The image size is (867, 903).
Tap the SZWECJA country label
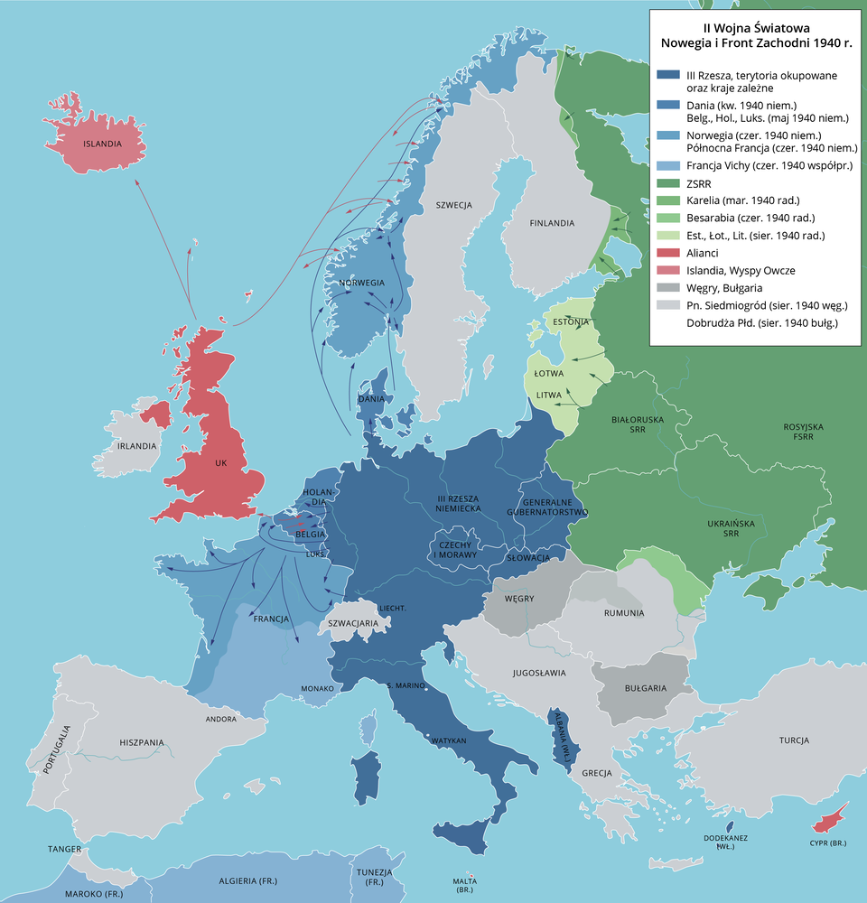tap(453, 205)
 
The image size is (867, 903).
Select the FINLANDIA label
tap(552, 223)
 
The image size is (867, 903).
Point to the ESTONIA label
tap(571, 321)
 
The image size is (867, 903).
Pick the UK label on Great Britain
tap(221, 463)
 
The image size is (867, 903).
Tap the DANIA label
tap(372, 398)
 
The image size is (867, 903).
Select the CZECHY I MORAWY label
tap(457, 549)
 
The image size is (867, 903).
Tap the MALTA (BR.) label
tap(465, 885)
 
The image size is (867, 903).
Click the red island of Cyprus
tap(831, 819)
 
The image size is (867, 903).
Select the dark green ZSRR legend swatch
tap(668, 184)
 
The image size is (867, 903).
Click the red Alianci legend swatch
tap(668, 253)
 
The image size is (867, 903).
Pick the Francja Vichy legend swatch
tap(668, 166)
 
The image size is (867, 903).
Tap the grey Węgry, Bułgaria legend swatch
tap(668, 287)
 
